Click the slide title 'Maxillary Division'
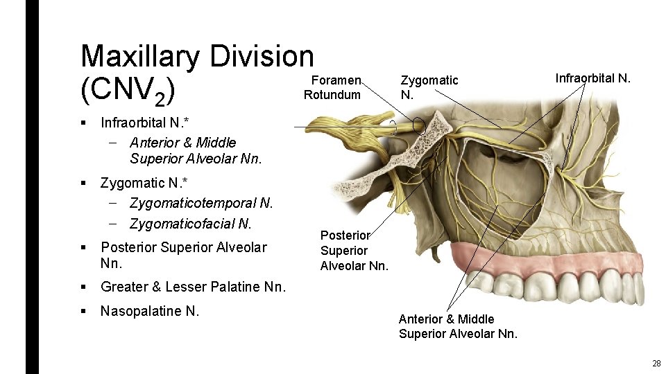coord(197,56)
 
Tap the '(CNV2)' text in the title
coord(127,91)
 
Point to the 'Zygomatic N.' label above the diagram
coord(429,87)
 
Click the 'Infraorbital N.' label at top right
coord(592,78)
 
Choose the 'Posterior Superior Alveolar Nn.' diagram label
coord(354,250)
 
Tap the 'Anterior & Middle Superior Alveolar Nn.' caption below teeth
coord(458,326)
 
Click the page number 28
coord(656,364)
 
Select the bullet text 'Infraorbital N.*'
coord(144,123)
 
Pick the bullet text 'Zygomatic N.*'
coord(144,184)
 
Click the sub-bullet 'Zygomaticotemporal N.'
coord(201,204)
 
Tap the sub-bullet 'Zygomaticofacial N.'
coord(190,224)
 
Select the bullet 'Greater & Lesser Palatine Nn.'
coord(193,287)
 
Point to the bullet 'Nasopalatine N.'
coord(150,311)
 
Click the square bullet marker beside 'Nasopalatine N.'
coord(83,311)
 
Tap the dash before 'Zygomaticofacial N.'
coord(113,224)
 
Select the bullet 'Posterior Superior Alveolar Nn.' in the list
coord(183,255)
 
